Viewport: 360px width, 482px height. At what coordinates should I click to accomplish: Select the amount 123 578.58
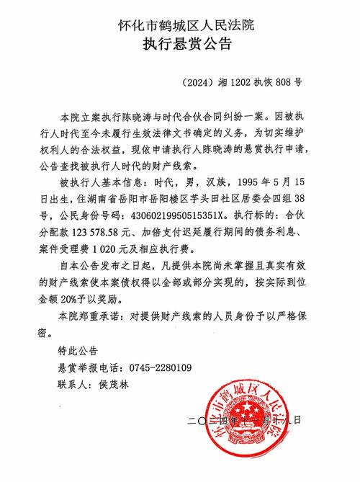[x=112, y=231]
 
